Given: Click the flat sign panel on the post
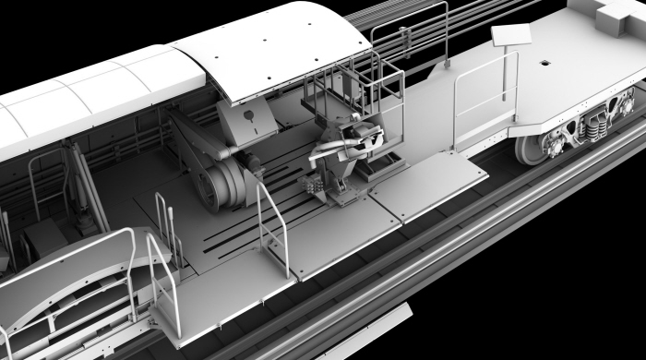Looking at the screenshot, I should pos(512,35).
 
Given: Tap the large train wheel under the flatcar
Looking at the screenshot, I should pos(534,147).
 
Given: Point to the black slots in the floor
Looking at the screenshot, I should pos(245,235).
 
